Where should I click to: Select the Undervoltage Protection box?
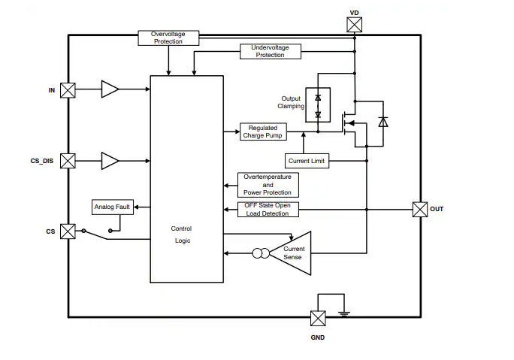[x=270, y=51]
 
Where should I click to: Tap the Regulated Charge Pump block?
[x=263, y=132]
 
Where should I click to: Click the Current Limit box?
[x=307, y=161]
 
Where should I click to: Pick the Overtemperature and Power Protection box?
[x=268, y=184]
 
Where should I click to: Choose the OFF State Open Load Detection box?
[x=268, y=210]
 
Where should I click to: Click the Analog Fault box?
[x=112, y=207]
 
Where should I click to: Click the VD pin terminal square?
[x=355, y=26]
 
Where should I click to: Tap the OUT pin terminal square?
[x=420, y=210]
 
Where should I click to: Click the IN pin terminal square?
[x=68, y=90]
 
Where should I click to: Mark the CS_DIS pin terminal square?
[x=68, y=161]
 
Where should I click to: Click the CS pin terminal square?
[x=68, y=231]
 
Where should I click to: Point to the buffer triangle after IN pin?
[x=110, y=90]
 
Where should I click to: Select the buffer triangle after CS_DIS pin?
[x=110, y=161]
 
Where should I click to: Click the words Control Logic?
[x=181, y=234]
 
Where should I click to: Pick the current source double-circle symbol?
[x=260, y=254]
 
